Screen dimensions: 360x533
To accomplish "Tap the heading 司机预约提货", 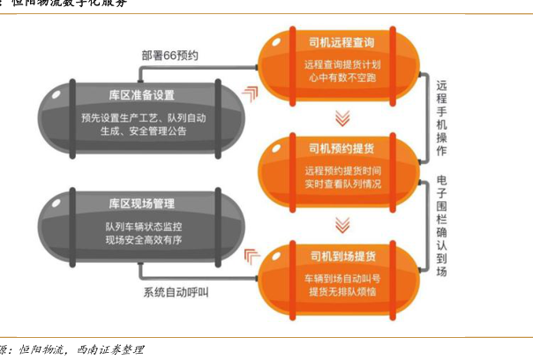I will (342, 147).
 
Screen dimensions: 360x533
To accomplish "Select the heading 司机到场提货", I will (342, 256).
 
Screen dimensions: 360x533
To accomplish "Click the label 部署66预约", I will (169, 56).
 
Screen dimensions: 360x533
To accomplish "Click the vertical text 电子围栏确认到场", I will (443, 225).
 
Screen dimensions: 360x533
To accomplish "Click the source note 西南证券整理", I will (109, 350).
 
